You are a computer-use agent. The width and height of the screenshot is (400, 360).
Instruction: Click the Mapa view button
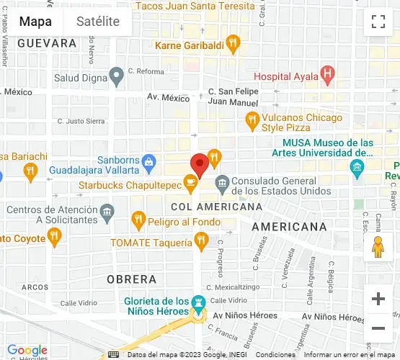click(x=35, y=22)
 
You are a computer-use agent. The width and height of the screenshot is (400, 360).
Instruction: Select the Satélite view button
click(x=98, y=22)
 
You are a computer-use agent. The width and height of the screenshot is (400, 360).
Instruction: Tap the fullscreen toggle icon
click(x=378, y=22)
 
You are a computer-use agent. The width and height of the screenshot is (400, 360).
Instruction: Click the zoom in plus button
click(x=378, y=299)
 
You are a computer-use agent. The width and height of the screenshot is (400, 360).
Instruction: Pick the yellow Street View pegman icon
click(x=378, y=247)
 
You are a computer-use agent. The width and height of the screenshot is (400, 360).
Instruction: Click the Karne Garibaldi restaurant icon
click(x=232, y=45)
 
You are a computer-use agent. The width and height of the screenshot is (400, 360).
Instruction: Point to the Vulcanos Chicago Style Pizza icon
click(x=252, y=118)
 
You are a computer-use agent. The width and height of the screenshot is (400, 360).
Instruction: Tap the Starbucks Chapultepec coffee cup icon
click(x=190, y=185)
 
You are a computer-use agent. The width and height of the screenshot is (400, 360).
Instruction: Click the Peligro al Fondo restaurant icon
click(x=138, y=218)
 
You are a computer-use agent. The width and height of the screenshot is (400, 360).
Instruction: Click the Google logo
click(x=27, y=351)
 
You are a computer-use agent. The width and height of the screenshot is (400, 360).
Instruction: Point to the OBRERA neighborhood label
click(x=131, y=279)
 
